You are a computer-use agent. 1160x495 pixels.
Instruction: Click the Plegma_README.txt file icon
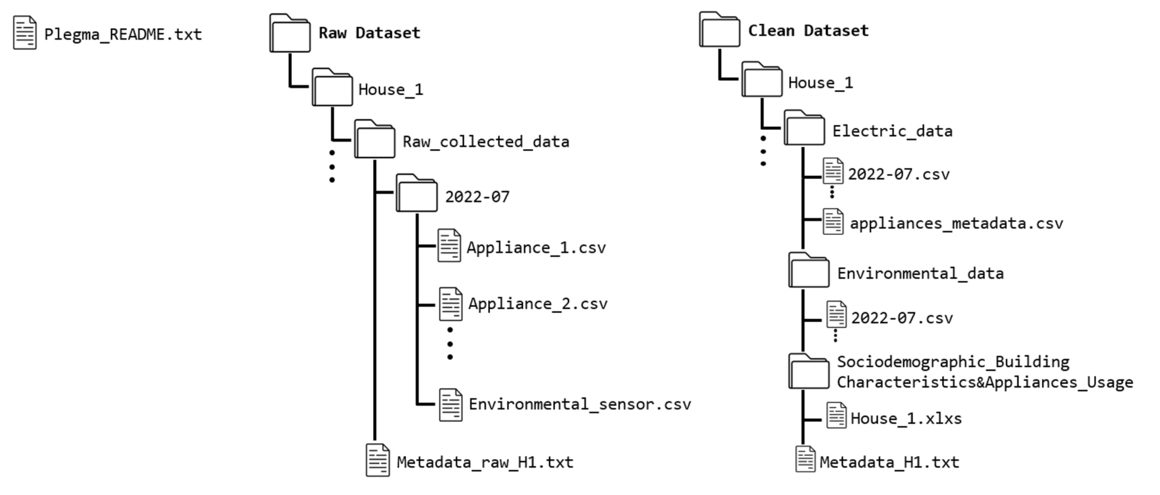[x=25, y=33]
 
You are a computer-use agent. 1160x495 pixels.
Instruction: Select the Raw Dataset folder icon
[x=290, y=34]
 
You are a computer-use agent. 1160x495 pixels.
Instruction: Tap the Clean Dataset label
[x=808, y=31]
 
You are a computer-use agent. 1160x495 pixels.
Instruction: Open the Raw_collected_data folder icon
[x=374, y=139]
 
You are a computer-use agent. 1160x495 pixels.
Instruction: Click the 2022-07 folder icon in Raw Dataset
[x=416, y=194]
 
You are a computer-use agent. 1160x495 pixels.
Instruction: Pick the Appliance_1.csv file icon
[x=449, y=246]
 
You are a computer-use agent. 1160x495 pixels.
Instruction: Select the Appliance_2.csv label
[x=538, y=304]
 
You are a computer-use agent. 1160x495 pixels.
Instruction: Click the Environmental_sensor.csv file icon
[x=450, y=405]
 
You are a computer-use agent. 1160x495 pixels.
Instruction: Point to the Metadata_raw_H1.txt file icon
[x=377, y=460]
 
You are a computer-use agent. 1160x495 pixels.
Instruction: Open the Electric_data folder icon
[x=804, y=128]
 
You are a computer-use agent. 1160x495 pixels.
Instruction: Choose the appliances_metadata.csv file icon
[x=833, y=222]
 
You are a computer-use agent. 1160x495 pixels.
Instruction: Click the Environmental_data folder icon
[x=808, y=271]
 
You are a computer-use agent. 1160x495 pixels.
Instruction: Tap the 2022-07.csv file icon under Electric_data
[x=833, y=171]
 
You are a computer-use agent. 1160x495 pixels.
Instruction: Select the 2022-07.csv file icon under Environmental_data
[x=836, y=315]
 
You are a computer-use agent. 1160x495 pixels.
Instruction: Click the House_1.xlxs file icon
[x=836, y=415]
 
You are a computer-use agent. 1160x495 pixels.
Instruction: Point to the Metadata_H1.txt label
[x=889, y=463]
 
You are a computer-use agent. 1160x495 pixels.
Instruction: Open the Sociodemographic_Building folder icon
[x=808, y=372]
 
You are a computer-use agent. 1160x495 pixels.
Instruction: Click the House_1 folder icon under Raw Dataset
[x=332, y=88]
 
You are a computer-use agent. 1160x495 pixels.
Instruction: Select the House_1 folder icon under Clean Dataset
[x=761, y=80]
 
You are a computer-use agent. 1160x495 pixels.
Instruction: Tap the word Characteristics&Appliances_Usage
[x=984, y=382]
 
